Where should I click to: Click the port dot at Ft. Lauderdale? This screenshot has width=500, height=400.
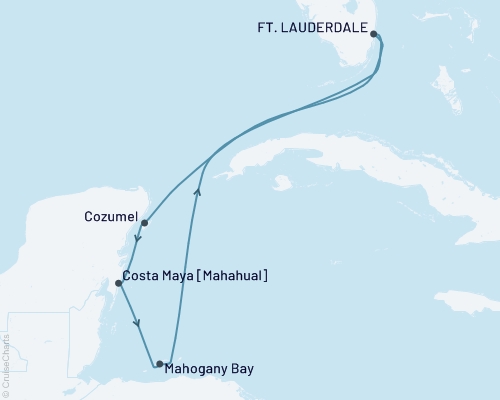pyautogui.click(x=373, y=34)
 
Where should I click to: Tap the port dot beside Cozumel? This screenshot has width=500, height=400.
pyautogui.click(x=145, y=223)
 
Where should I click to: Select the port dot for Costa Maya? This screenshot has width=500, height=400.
pyautogui.click(x=119, y=283)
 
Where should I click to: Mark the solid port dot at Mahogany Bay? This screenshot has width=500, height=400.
pyautogui.click(x=160, y=363)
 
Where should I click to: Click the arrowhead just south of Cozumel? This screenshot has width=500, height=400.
pyautogui.click(x=136, y=240)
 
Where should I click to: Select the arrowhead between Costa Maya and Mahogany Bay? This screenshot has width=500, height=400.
pyautogui.click(x=138, y=323)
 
